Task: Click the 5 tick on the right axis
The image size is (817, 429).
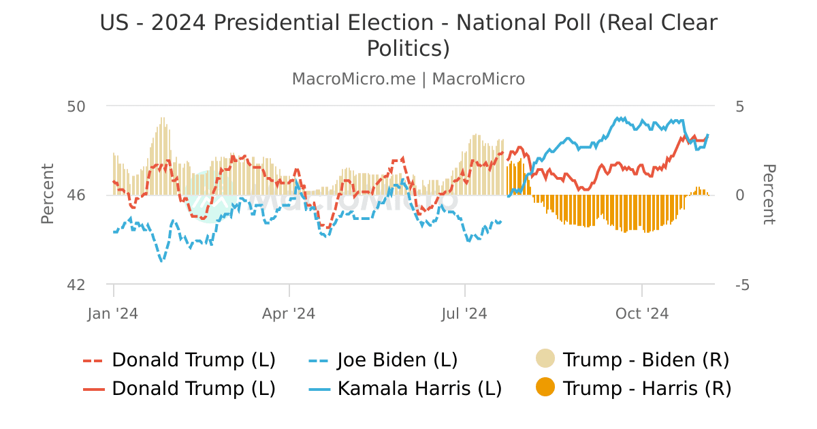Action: [x=740, y=106]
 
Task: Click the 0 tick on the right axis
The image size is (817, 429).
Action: [x=740, y=195]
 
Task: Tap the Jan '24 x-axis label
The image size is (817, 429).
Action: [x=113, y=314]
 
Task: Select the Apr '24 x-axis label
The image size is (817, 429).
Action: [x=289, y=314]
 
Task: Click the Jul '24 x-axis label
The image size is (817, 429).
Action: [x=465, y=314]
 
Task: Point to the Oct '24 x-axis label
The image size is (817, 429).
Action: [x=642, y=314]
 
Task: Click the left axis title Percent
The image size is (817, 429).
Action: [x=48, y=194]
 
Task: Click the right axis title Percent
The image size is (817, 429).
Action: [x=768, y=194]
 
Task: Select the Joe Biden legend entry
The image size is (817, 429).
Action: [x=397, y=360]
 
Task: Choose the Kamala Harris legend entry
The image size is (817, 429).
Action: [x=419, y=389]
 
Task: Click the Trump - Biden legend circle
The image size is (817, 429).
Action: [x=545, y=359]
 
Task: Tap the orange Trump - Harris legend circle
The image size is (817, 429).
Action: [x=545, y=388]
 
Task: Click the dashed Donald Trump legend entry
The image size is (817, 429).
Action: [x=193, y=360]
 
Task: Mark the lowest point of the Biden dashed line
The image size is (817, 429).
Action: [x=161, y=261]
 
